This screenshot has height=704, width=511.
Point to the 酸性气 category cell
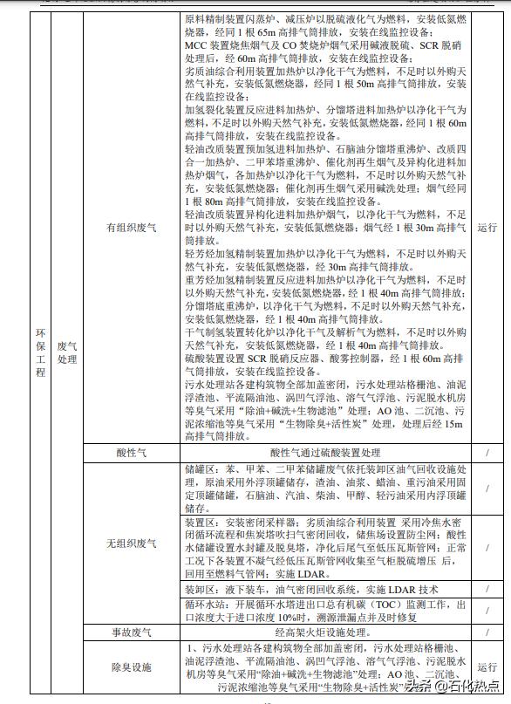coord(132,452)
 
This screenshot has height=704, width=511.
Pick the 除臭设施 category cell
coord(132,667)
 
